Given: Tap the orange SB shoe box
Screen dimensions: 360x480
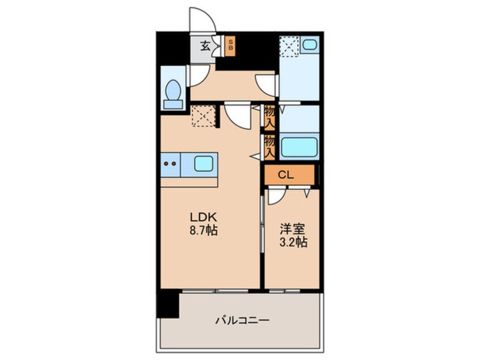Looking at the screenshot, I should click(230, 46).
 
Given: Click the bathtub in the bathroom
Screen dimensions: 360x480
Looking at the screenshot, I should click(298, 147).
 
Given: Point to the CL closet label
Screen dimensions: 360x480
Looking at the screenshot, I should click(287, 175).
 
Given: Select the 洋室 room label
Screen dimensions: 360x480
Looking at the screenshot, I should click(293, 229).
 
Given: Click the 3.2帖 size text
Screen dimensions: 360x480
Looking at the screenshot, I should click(293, 243).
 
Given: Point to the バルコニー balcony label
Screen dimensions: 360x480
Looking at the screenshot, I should click(242, 320).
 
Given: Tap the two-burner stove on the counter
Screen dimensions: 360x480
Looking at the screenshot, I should click(170, 164).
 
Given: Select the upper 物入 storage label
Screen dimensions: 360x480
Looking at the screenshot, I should click(270, 116).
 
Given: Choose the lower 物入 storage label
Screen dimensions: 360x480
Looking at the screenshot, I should click(270, 146).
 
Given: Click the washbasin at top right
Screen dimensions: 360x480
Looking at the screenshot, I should click(310, 45).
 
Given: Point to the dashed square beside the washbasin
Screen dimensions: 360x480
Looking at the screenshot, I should click(289, 46).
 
